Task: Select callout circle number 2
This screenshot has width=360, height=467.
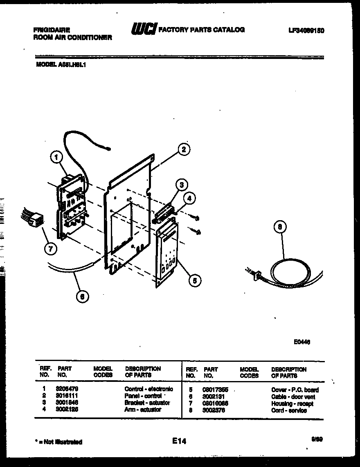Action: point(184,150)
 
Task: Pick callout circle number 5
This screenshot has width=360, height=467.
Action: point(195,280)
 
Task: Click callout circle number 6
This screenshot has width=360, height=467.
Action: point(83,297)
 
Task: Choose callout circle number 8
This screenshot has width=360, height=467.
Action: point(280,227)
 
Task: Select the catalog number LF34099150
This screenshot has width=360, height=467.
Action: point(306,31)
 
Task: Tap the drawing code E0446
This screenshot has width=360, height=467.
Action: point(301,342)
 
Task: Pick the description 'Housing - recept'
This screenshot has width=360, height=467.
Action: point(292,404)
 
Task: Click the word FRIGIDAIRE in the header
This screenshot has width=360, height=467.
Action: point(51,30)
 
